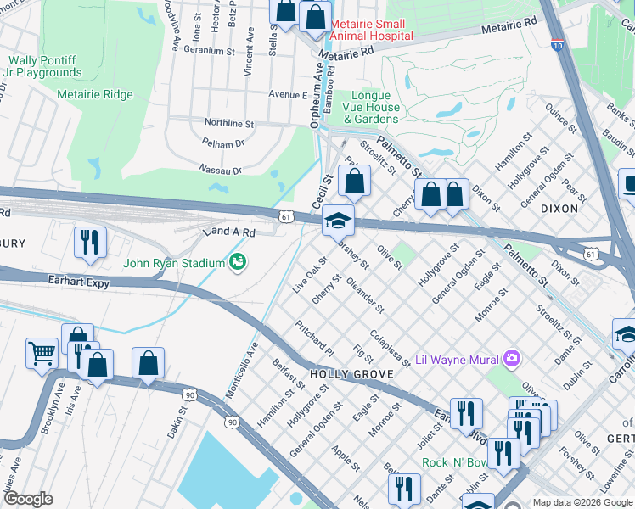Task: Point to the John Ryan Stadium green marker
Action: coord(238,262)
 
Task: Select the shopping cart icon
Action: coord(42,351)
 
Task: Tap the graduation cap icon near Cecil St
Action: coord(338,221)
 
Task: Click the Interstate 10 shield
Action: coord(557,43)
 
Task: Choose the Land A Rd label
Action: coord(228,232)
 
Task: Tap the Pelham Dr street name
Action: coord(228,144)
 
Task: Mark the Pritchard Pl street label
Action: coord(315,336)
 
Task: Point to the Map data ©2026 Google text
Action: coord(582,502)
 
